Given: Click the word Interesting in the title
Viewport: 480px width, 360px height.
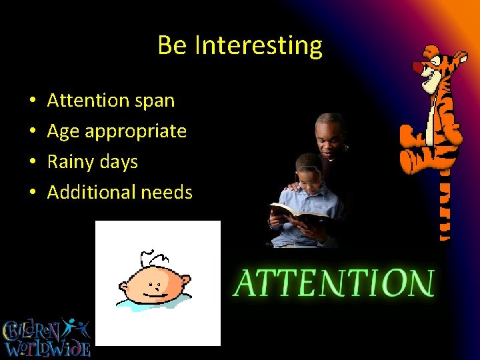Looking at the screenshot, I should [x=259, y=46].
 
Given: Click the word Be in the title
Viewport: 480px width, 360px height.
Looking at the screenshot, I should [x=173, y=45].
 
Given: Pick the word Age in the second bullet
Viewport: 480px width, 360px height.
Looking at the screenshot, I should [x=63, y=131].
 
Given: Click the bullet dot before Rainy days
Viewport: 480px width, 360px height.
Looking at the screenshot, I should [x=33, y=163].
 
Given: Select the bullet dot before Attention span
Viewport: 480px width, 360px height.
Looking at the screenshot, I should [x=33, y=101].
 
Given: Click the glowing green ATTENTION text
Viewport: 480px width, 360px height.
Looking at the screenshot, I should [x=333, y=283].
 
